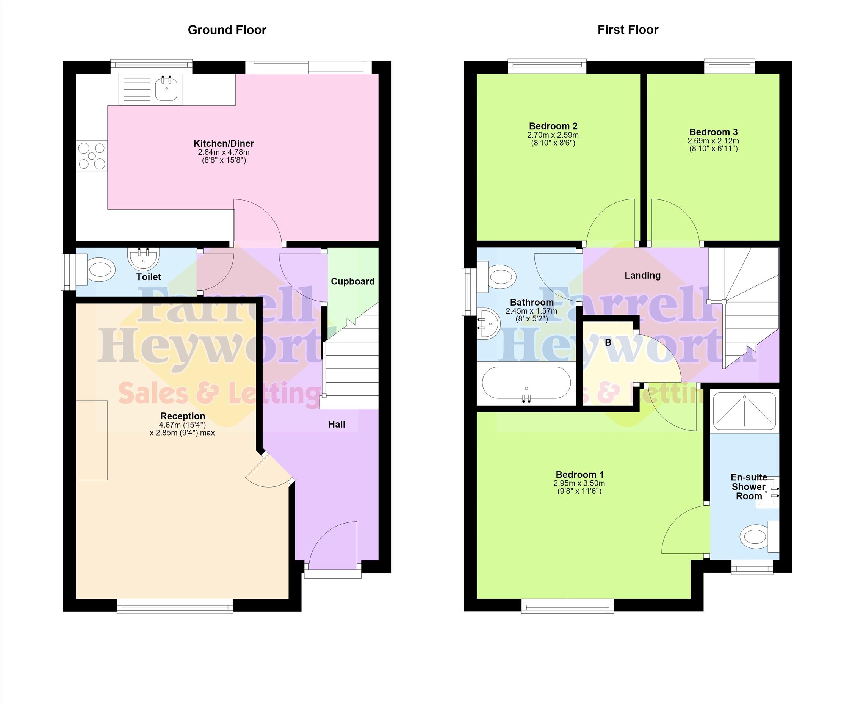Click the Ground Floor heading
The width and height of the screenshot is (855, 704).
coord(227,30)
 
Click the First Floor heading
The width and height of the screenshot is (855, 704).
coord(628,30)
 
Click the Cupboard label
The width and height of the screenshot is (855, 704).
coord(353,281)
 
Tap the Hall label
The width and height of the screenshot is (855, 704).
coord(337,425)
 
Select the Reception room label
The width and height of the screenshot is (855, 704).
coord(183,416)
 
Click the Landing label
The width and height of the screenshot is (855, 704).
coord(642,276)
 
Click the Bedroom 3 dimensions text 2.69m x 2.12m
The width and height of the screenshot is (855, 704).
coord(713,141)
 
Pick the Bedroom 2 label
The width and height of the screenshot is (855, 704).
coord(553,126)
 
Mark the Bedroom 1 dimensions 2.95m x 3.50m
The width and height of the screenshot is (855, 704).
coord(579,483)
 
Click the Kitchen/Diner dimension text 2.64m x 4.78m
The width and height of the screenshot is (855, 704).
coord(223,152)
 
